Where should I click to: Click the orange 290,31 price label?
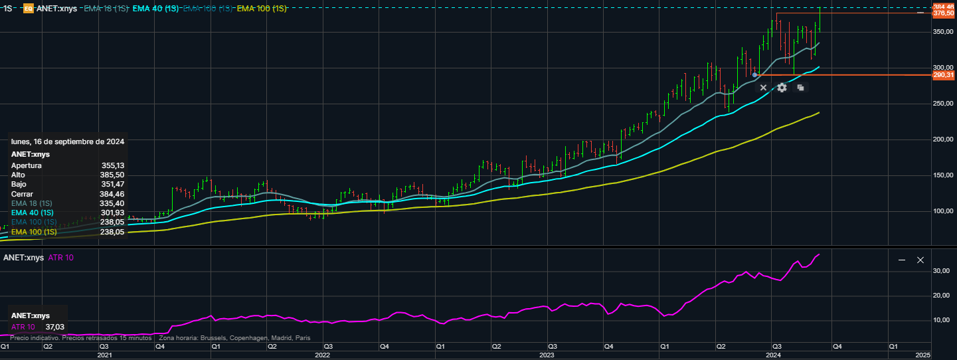(x=943, y=76)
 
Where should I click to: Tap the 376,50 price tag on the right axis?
(x=943, y=13)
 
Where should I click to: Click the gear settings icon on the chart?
(x=782, y=88)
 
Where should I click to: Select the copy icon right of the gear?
(x=800, y=88)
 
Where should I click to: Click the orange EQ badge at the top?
(x=28, y=9)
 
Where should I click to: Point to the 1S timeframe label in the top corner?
(x=8, y=9)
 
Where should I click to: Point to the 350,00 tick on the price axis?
(x=943, y=32)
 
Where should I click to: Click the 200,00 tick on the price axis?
(x=943, y=139)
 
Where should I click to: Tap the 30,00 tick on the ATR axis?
(x=940, y=271)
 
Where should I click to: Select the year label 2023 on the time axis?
(x=547, y=356)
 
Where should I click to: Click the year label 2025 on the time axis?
(x=922, y=356)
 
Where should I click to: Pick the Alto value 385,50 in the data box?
(x=112, y=175)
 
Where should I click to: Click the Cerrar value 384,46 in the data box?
(x=112, y=194)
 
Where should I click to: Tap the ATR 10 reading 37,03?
(x=54, y=327)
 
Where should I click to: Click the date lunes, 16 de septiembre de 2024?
(x=67, y=141)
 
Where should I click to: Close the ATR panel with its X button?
(x=920, y=260)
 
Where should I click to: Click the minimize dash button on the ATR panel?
(x=902, y=260)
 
